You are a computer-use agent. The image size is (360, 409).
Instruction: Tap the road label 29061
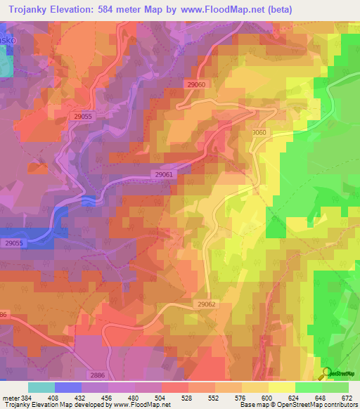pos(163,174)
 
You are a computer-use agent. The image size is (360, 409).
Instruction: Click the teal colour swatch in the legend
pos(41,387)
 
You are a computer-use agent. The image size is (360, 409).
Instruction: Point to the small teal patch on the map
pos(6,64)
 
